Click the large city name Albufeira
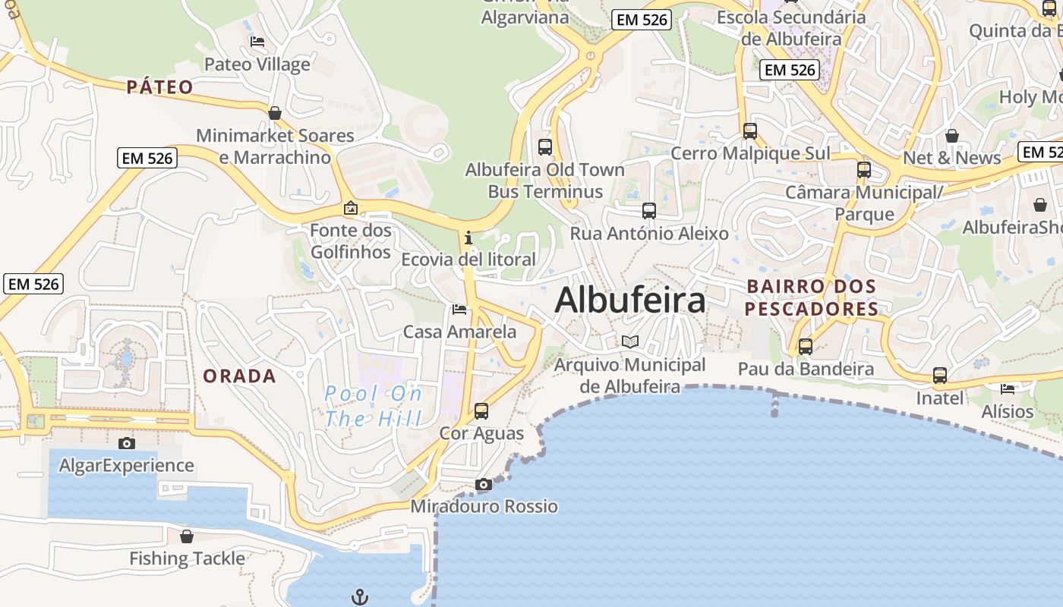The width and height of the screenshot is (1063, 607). tap(629, 300)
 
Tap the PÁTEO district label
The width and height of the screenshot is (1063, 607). tap(159, 87)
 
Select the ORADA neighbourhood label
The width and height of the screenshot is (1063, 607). tap(239, 376)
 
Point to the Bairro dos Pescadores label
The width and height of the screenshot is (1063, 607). tap(812, 297)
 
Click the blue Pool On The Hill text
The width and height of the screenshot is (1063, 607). tap(373, 406)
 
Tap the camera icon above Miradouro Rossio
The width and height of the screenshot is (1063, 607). tap(483, 484)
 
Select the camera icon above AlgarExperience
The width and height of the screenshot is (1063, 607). tap(127, 443)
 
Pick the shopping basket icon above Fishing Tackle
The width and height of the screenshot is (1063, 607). tap(187, 536)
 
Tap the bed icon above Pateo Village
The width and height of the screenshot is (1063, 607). tap(257, 42)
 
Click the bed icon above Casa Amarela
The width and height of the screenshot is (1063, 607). tap(459, 309)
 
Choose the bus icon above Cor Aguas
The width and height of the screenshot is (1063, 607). tap(481, 411)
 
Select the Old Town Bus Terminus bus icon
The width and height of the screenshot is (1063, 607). tap(544, 147)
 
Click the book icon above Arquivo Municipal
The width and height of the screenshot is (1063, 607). tap(630, 341)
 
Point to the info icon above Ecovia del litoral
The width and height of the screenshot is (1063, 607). tap(468, 237)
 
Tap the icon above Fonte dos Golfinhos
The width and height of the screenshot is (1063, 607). tap(351, 207)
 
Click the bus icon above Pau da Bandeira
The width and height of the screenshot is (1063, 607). tap(806, 347)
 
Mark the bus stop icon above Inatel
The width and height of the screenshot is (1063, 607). tap(940, 376)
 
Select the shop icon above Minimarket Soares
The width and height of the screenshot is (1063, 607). tap(275, 113)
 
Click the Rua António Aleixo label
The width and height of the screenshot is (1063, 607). tap(649, 233)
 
